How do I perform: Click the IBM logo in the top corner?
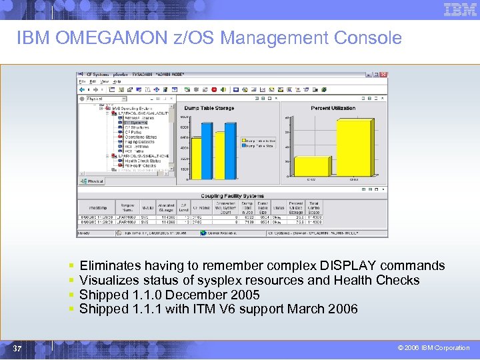coord(461,10)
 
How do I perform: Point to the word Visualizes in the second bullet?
coord(109,280)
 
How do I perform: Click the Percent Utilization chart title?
coord(333,107)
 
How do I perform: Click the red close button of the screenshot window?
coord(385,74)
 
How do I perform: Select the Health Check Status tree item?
coord(143,161)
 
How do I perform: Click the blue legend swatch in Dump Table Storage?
coord(245,146)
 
